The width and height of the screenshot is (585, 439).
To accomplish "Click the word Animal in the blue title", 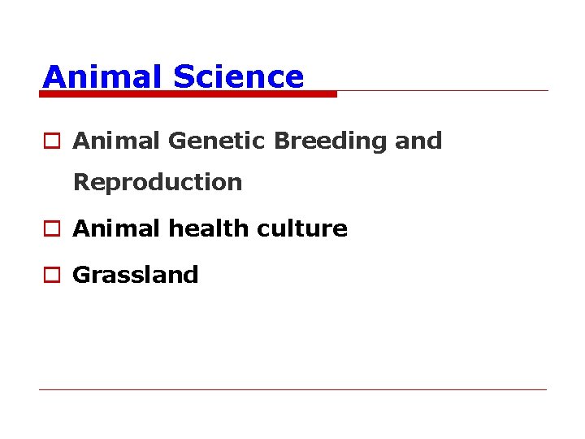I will coord(102,76).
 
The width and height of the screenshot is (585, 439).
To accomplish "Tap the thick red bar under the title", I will coord(188,94).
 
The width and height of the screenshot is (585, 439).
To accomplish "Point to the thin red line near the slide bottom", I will coord(292,389).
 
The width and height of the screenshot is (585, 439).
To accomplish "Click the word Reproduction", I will coord(158,182).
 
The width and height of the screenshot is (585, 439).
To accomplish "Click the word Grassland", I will coord(136,275).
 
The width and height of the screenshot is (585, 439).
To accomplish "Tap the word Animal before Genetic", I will coord(117,141).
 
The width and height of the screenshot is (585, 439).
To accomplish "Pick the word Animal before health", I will coord(117,228).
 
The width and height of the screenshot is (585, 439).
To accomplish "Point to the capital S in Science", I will coord(183,76).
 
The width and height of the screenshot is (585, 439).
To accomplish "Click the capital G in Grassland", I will coord(81,275).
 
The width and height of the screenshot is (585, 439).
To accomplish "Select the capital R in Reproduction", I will coord(80,182).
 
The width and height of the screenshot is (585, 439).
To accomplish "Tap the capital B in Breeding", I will coord(281,141).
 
